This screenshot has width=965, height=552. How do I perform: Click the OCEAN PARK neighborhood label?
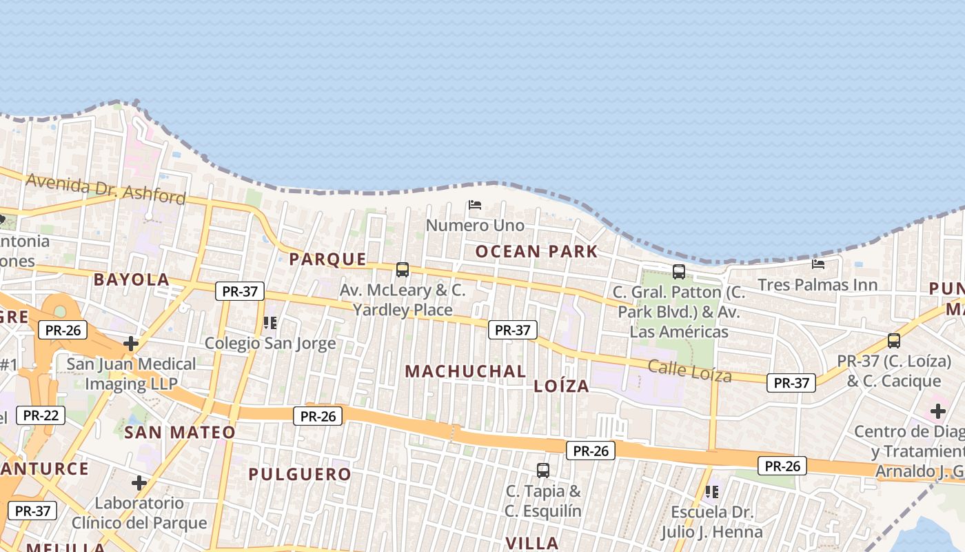(x=536, y=251)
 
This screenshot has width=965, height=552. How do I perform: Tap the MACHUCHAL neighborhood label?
(x=465, y=371)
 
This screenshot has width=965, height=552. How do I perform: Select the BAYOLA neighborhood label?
(x=131, y=279)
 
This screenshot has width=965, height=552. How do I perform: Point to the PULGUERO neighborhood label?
(x=300, y=474)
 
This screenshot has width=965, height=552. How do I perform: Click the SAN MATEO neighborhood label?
(x=180, y=433)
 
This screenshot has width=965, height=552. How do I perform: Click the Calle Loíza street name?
(x=689, y=371)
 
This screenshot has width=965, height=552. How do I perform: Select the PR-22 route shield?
(x=41, y=415)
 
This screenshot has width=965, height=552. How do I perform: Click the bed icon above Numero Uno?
(x=474, y=205)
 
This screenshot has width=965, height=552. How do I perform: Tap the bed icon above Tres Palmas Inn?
(x=818, y=264)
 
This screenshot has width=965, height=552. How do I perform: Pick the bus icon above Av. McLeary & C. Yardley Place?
(x=403, y=270)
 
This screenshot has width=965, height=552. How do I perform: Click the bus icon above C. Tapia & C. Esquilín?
(x=543, y=471)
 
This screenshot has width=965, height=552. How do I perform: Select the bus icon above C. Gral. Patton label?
(x=679, y=272)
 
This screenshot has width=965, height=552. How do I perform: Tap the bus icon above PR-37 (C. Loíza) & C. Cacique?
(x=894, y=340)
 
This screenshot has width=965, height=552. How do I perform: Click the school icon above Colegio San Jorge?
(x=270, y=322)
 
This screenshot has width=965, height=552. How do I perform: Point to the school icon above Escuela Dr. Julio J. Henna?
(x=712, y=492)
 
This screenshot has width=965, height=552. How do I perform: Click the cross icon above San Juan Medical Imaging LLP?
(x=131, y=343)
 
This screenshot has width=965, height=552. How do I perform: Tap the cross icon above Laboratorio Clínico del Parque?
(x=139, y=483)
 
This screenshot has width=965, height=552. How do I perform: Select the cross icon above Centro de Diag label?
(x=937, y=411)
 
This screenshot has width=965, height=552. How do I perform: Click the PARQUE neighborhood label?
(x=327, y=259)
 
